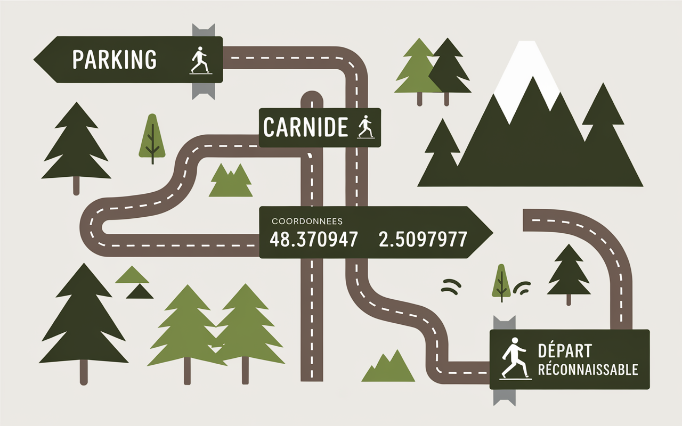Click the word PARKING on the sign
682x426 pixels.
click(114, 59)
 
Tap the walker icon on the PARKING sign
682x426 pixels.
click(199, 60)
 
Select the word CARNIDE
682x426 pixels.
click(305, 127)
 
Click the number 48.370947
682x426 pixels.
click(313, 240)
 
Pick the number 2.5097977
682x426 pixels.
click(423, 240)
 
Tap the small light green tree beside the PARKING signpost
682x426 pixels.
click(152, 137)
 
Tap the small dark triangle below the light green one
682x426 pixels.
click(140, 291)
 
